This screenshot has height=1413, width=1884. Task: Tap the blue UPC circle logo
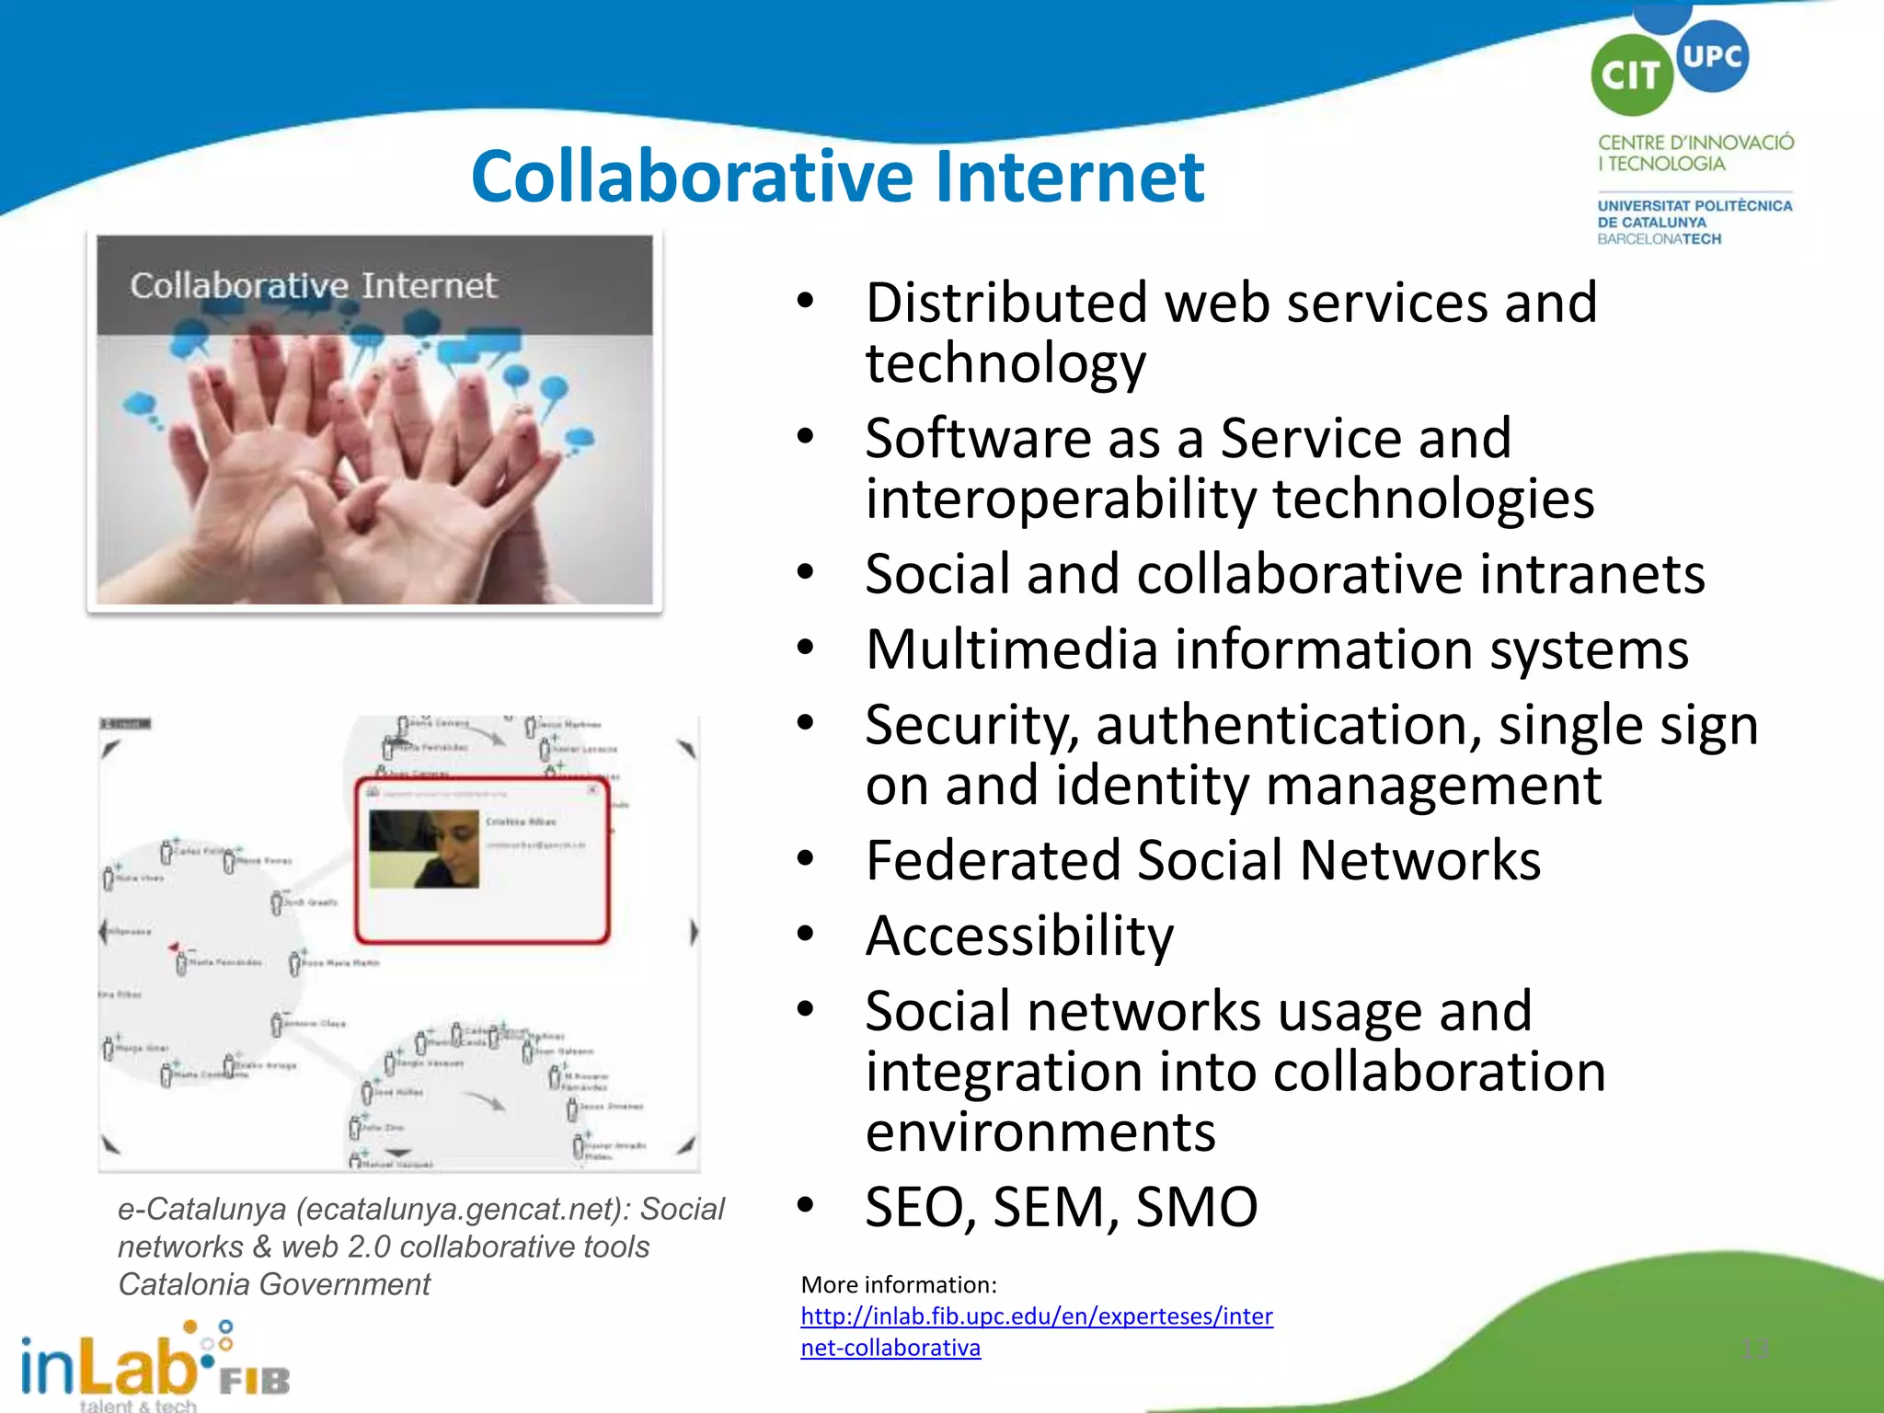tap(1713, 56)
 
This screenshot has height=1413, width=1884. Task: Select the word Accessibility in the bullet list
tap(1019, 936)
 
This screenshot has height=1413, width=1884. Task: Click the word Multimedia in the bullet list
tap(1011, 649)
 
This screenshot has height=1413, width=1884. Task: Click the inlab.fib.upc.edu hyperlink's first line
tap(1037, 1316)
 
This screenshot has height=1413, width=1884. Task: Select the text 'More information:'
tap(899, 1285)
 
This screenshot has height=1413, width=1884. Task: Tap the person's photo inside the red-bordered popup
tap(424, 848)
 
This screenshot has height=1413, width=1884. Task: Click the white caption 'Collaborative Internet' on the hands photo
tap(313, 285)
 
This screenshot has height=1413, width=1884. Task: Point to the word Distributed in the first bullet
tap(1006, 303)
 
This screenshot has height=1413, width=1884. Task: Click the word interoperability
tap(1061, 500)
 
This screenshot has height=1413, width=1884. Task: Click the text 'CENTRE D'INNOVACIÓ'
tap(1695, 143)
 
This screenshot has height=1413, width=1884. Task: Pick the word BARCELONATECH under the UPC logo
tap(1659, 239)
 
